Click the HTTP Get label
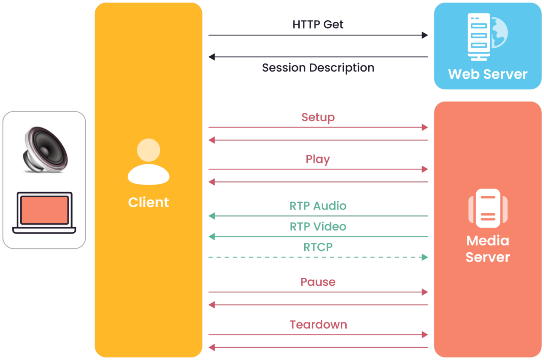click(x=318, y=24)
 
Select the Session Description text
click(x=318, y=68)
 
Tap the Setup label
click(x=318, y=118)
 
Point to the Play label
click(x=318, y=159)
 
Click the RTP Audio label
click(x=318, y=206)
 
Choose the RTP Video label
click(x=318, y=226)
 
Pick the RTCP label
click(x=318, y=247)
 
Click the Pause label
click(x=318, y=282)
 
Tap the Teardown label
click(x=318, y=325)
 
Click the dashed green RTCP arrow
click(x=318, y=257)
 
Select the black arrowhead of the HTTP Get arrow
click(x=425, y=35)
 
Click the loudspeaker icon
click(x=45, y=150)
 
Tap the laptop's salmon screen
click(x=44, y=210)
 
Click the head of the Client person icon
click(x=149, y=150)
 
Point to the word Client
click(x=149, y=202)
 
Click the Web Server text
click(x=488, y=74)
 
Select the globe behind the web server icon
click(x=500, y=33)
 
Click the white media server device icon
click(x=488, y=208)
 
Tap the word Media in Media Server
click(x=488, y=241)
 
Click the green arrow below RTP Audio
click(x=318, y=216)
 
